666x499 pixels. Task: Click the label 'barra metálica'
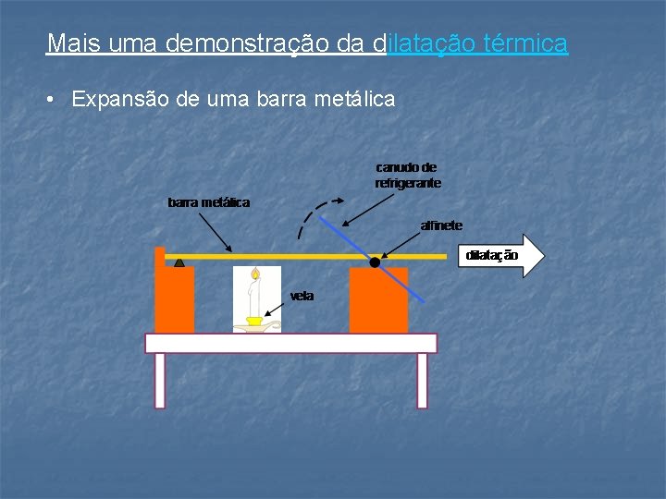(208, 201)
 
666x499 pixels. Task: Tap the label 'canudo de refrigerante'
(408, 176)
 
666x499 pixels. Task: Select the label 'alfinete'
(441, 225)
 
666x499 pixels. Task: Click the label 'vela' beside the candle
(302, 296)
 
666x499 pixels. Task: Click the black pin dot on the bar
(375, 262)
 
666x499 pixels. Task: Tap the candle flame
(255, 274)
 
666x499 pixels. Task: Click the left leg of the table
(160, 380)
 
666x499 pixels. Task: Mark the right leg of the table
(422, 380)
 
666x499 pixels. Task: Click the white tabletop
(290, 343)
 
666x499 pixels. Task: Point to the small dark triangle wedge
(179, 262)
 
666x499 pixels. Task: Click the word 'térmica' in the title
(525, 43)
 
